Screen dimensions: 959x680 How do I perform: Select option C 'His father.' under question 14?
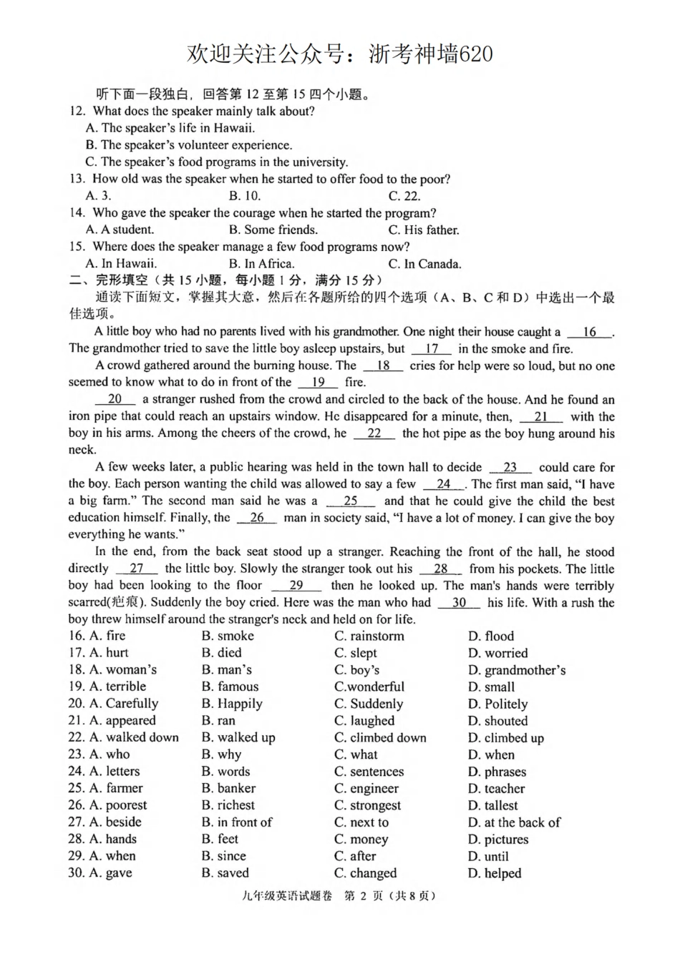pos(423,230)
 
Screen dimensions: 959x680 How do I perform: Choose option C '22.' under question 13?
pos(404,196)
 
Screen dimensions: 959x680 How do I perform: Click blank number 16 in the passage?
pos(590,332)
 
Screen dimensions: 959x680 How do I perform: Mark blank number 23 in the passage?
pos(510,467)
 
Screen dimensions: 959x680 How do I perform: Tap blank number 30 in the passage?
pos(459,602)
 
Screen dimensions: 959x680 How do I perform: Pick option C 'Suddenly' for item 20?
pos(369,704)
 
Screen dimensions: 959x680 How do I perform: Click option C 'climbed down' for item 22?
pos(380,737)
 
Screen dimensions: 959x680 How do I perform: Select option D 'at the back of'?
pos(514,822)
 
